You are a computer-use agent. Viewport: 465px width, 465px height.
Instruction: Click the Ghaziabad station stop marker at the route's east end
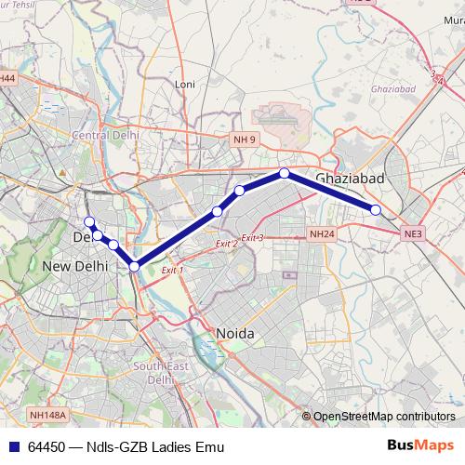point(376,210)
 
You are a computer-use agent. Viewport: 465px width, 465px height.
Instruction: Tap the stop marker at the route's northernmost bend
point(284,173)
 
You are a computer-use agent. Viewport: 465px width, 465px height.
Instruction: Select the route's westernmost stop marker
point(89,221)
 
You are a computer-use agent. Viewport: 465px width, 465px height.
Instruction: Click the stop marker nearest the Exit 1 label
point(135,266)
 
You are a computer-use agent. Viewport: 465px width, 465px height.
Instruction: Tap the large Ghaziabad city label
point(350,178)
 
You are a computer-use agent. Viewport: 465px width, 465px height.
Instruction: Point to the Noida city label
point(234,333)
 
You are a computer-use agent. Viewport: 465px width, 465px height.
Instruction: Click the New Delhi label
point(75,266)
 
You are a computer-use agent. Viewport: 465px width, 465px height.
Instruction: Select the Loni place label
point(185,84)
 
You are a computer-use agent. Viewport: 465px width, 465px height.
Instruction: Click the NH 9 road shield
point(243,139)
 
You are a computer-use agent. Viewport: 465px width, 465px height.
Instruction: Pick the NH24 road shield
point(322,234)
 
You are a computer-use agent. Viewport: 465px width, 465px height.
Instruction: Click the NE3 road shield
point(413,232)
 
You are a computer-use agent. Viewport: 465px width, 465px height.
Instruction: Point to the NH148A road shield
point(46,416)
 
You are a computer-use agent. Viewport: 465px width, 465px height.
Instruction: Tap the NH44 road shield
point(7,79)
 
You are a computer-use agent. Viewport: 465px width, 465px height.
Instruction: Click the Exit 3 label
point(253,238)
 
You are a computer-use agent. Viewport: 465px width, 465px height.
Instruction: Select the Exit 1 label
point(172,270)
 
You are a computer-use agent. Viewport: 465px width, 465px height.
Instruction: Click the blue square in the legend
point(13,446)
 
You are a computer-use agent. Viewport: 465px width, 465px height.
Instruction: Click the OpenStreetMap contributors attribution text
point(384,417)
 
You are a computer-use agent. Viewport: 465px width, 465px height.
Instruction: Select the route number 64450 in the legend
point(46,446)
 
